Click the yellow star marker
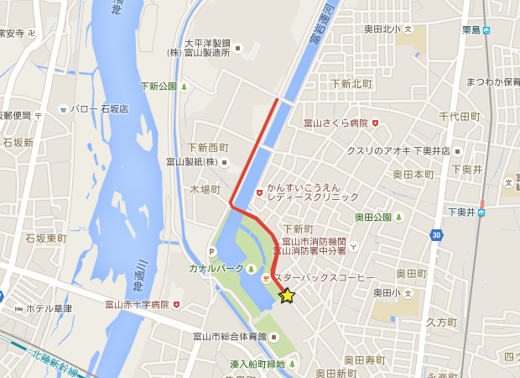coord(287,296)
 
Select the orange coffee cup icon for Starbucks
coord(266,278)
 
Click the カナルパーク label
coord(216,268)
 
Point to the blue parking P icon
coord(215,250)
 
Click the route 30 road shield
coord(435,235)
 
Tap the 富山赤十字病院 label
coord(136,304)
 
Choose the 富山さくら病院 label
coord(335,123)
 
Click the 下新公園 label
coord(159,86)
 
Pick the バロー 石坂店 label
coord(99,109)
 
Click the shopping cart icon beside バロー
coord(63,109)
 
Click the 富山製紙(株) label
coord(191,162)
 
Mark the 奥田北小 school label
coord(383,29)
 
